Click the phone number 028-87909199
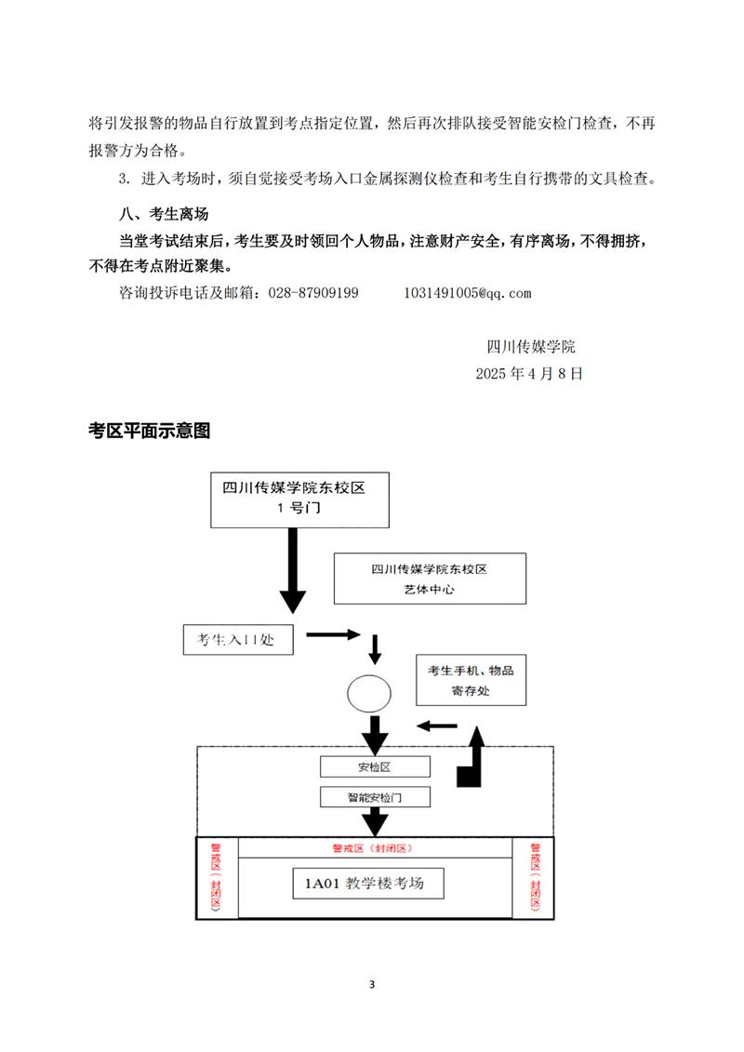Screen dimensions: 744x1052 pos(313,293)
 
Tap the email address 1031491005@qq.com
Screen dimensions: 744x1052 pos(468,293)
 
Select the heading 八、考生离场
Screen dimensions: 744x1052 pos(164,214)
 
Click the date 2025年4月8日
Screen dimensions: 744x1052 pos(529,374)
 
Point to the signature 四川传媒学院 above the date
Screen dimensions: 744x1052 pos(531,347)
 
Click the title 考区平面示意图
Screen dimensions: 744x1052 pos(149,431)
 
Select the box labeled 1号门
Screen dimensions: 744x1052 pos(299,499)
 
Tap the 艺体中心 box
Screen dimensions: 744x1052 pos(430,579)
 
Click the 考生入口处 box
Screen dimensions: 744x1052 pos(238,640)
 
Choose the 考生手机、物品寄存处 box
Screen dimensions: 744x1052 pos(471,680)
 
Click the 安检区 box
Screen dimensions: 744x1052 pos(375,766)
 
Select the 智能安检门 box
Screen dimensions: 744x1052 pos(375,797)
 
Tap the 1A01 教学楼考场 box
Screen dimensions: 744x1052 pos(368,883)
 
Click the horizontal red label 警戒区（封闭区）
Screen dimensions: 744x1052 pos(372,848)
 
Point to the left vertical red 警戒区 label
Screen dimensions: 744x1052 pos(216,877)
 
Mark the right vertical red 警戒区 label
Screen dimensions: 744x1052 pos(536,877)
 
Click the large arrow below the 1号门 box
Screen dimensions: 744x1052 pos(293,570)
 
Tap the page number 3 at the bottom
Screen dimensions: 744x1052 pos(372,984)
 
